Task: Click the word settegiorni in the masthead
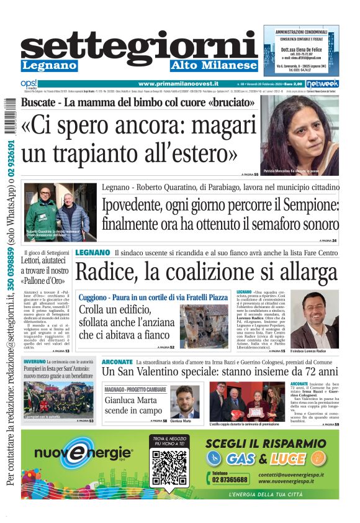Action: pyautogui.click(x=139, y=45)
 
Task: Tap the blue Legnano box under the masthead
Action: pyautogui.click(x=49, y=66)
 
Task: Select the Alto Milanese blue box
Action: pyautogui.click(x=214, y=66)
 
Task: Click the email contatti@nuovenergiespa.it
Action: pyautogui.click(x=297, y=474)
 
